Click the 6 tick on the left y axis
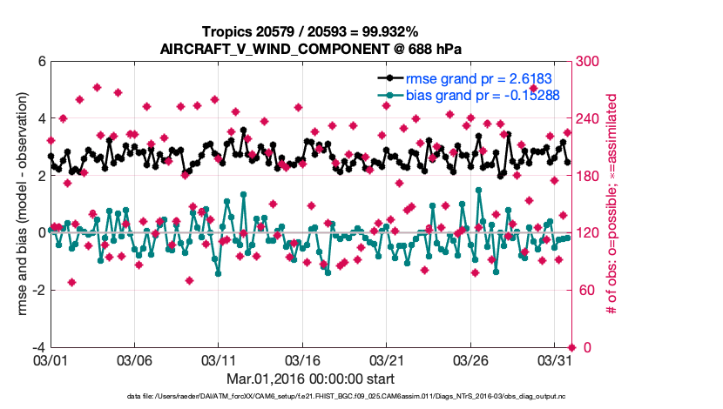pyautogui.click(x=41, y=62)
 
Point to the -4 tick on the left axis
pyautogui.click(x=38, y=347)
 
